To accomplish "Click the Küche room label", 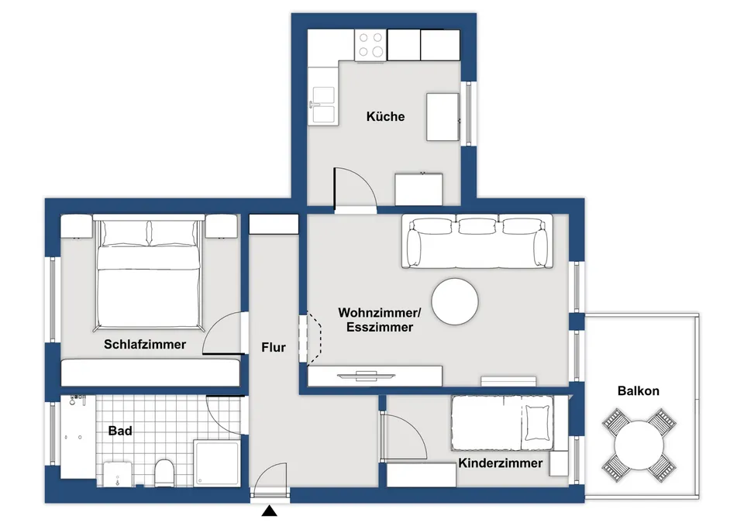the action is (385, 116).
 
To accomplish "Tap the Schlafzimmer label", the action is (145, 345).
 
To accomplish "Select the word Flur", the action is (274, 347).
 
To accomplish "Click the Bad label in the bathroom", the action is (120, 431).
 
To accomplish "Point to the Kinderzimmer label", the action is (500, 463).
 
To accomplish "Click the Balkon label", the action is (638, 391).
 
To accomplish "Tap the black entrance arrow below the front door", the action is (270, 511).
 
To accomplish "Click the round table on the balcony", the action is (639, 445).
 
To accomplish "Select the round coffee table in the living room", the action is (455, 301).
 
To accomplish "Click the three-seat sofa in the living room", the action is (477, 242).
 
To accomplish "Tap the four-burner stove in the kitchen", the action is (370, 45).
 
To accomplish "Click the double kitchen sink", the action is (322, 105).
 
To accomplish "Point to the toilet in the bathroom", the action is (164, 473).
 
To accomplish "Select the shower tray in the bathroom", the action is (216, 462).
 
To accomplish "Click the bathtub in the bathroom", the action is (77, 437).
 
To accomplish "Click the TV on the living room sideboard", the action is (366, 376).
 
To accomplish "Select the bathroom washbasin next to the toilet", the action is (117, 474).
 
